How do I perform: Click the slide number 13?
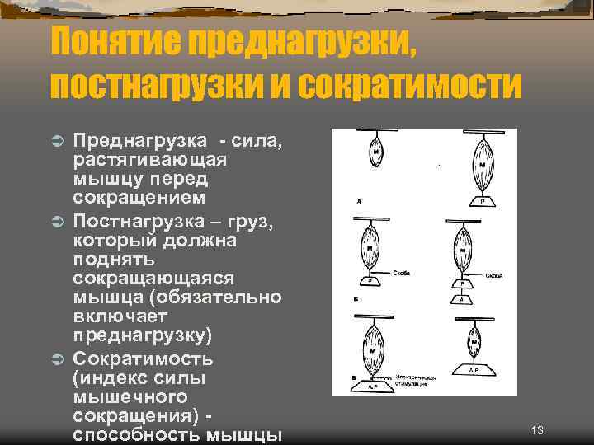537,430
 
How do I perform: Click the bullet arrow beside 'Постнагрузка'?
59,222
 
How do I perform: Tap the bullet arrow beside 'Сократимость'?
59,359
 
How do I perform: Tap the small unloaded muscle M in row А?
376,153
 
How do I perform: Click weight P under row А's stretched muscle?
482,200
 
